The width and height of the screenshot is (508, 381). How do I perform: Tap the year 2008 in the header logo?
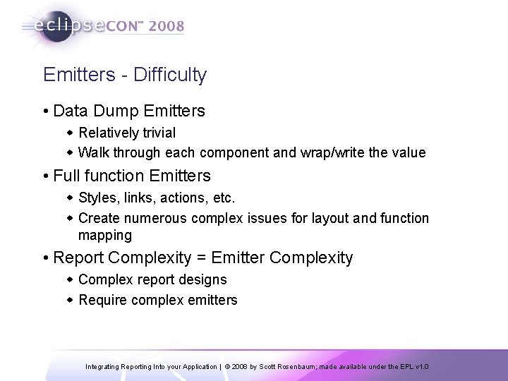pyautogui.click(x=166, y=26)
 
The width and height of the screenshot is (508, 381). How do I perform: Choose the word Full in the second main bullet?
pyautogui.click(x=67, y=174)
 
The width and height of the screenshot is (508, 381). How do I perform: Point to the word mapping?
pyautogui.click(x=105, y=234)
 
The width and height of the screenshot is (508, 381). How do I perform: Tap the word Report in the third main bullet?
pyautogui.click(x=76, y=258)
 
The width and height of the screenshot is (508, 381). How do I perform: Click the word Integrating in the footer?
pyautogui.click(x=105, y=367)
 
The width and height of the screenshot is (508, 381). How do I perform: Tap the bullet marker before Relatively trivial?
pyautogui.click(x=71, y=132)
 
